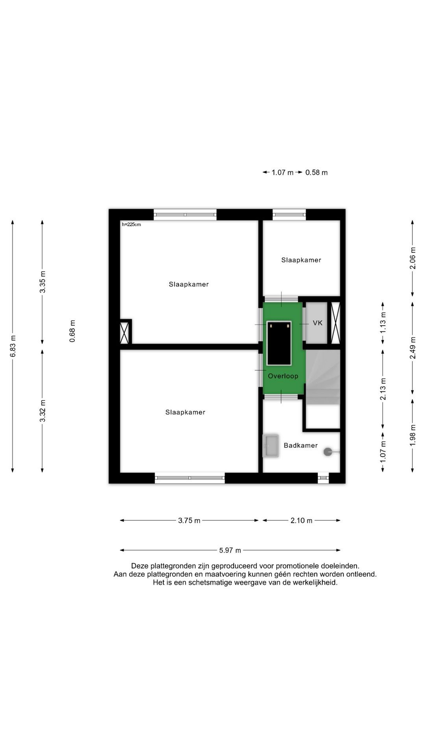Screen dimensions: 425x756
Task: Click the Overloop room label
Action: [283, 376]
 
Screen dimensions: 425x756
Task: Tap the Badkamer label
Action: [301, 445]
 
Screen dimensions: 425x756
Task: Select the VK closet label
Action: [318, 323]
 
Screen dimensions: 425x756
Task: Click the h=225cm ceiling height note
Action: [131, 224]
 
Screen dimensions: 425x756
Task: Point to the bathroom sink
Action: [270, 446]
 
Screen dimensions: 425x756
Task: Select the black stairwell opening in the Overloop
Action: [279, 343]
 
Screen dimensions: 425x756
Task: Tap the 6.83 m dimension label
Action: [13, 346]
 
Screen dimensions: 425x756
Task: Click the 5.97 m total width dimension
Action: [230, 550]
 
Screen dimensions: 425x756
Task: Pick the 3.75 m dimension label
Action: [189, 521]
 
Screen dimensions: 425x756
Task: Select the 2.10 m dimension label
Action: [301, 521]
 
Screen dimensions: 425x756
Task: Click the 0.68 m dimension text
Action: [72, 331]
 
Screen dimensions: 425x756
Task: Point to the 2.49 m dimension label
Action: [412, 348]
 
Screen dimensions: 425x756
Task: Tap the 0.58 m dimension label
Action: [316, 172]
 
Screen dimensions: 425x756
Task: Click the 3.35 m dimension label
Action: [42, 282]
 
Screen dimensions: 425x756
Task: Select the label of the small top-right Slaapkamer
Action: [301, 260]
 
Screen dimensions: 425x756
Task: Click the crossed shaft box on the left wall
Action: [125, 333]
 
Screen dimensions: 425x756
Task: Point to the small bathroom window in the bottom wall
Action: [323, 478]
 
